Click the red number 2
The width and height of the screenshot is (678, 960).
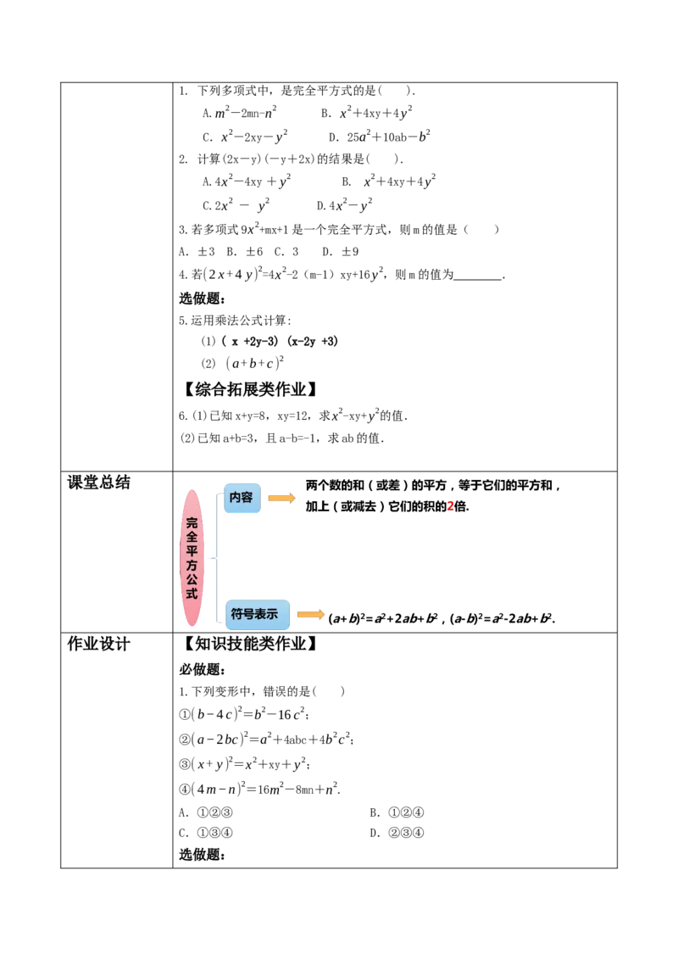tap(451, 505)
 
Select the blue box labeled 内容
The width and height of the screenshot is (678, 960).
tap(242, 499)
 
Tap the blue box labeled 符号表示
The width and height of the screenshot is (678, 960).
tap(258, 614)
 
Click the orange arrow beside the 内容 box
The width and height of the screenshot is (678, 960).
tap(281, 498)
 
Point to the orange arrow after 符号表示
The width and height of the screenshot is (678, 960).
tap(309, 614)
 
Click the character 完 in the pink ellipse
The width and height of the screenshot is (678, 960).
tap(192, 522)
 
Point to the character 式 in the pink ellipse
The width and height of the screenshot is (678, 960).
tap(192, 594)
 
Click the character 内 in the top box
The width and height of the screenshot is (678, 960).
tap(236, 498)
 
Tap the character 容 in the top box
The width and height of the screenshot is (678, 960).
tap(247, 498)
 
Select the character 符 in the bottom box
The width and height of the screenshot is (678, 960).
tap(237, 614)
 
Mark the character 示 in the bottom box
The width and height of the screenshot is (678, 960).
tap(272, 614)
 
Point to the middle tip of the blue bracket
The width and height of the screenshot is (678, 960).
tap(214, 559)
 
